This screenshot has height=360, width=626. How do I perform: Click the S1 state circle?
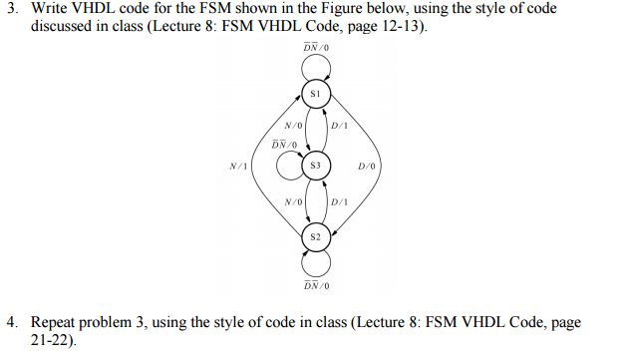(x=315, y=93)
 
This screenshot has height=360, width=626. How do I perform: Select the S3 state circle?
(x=315, y=165)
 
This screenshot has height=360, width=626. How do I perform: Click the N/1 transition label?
(x=238, y=166)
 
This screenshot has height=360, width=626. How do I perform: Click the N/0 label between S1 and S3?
(x=292, y=127)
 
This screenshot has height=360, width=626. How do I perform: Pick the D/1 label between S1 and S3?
(x=340, y=127)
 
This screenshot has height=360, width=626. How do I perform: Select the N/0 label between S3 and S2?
(x=292, y=201)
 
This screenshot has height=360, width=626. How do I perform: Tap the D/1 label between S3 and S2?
(x=340, y=201)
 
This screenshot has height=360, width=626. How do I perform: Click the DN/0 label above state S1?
(x=315, y=48)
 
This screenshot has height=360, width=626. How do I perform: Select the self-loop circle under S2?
(x=315, y=261)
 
